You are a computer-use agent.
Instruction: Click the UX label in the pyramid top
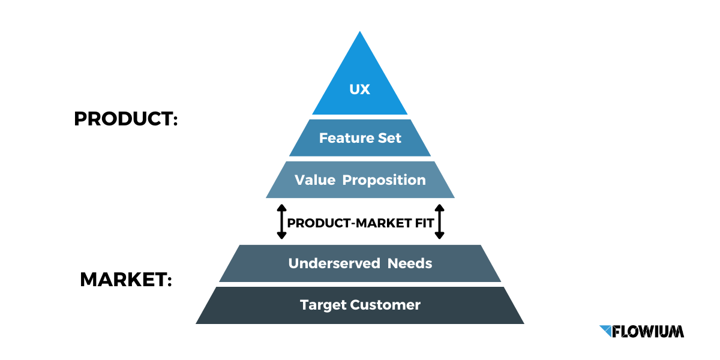[x=359, y=90]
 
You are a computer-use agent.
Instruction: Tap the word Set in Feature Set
[x=390, y=138]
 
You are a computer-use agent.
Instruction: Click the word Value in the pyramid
[x=314, y=180]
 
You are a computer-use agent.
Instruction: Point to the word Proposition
[x=384, y=181]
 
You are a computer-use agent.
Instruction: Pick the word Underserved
[x=334, y=263]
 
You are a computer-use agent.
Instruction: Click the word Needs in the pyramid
[x=410, y=263]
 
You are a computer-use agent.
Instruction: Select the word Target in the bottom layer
[x=323, y=305]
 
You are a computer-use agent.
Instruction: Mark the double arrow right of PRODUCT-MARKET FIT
[x=439, y=222]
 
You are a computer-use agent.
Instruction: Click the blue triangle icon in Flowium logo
[x=606, y=331]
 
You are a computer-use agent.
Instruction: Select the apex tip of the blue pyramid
[x=360, y=33]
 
